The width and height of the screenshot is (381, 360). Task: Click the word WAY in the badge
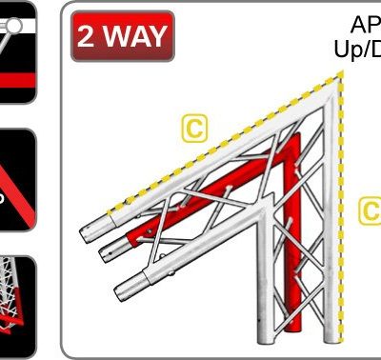tap(137, 36)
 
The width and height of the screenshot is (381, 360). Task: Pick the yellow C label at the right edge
tap(371, 210)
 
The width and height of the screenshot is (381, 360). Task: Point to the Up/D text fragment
tap(357, 50)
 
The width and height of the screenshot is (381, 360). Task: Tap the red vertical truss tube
tap(297, 219)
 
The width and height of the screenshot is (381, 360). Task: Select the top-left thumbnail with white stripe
tap(17, 52)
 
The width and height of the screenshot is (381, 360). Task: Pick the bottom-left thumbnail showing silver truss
tap(17, 295)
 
